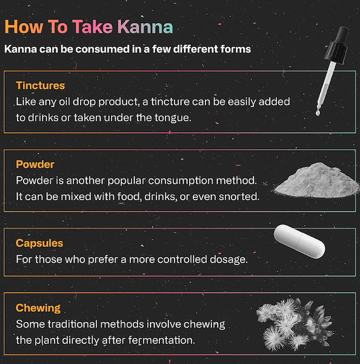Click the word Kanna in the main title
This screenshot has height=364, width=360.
pyautogui.click(x=145, y=27)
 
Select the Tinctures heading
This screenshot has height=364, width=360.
pyautogui.click(x=40, y=85)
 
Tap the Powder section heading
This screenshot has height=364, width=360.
pyautogui.click(x=35, y=164)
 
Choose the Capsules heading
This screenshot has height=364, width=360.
pyautogui.click(x=39, y=243)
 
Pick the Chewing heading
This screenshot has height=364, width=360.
pyautogui.click(x=38, y=308)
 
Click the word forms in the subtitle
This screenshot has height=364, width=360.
pyautogui.click(x=235, y=49)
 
